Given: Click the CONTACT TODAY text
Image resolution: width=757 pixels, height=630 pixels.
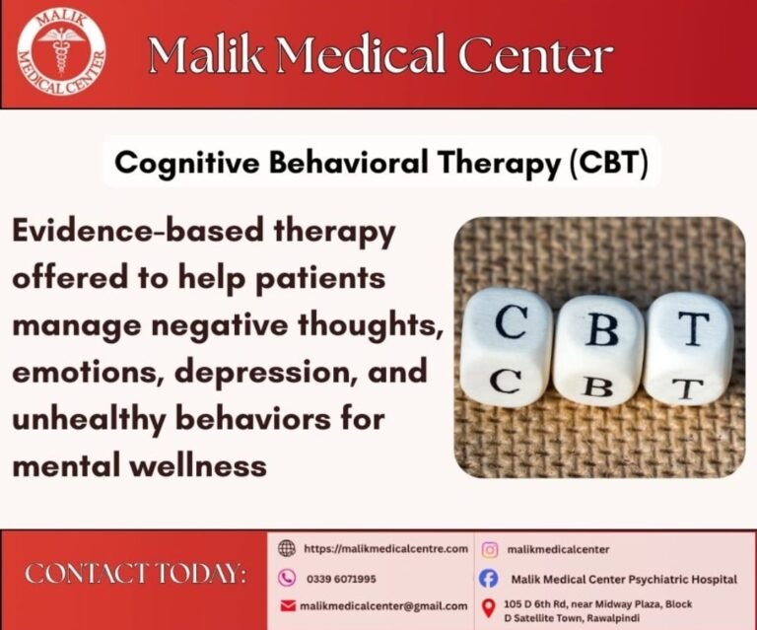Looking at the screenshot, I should tap(136, 574).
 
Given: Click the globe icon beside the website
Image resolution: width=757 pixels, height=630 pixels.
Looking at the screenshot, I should tap(287, 549).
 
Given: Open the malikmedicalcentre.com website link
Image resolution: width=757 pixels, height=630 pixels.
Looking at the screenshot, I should tap(385, 549).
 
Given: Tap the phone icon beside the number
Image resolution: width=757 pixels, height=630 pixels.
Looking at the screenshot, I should tap(287, 578).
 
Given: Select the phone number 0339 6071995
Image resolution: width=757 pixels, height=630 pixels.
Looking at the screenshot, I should tap(340, 579).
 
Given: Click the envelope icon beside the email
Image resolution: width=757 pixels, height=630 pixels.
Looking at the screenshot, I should tap(287, 605).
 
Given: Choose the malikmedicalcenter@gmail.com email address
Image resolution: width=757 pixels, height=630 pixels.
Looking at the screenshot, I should tap(383, 605).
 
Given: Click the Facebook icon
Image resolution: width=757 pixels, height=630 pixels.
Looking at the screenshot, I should tap(489, 579).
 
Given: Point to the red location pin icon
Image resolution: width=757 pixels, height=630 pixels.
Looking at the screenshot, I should tap(488, 608).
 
